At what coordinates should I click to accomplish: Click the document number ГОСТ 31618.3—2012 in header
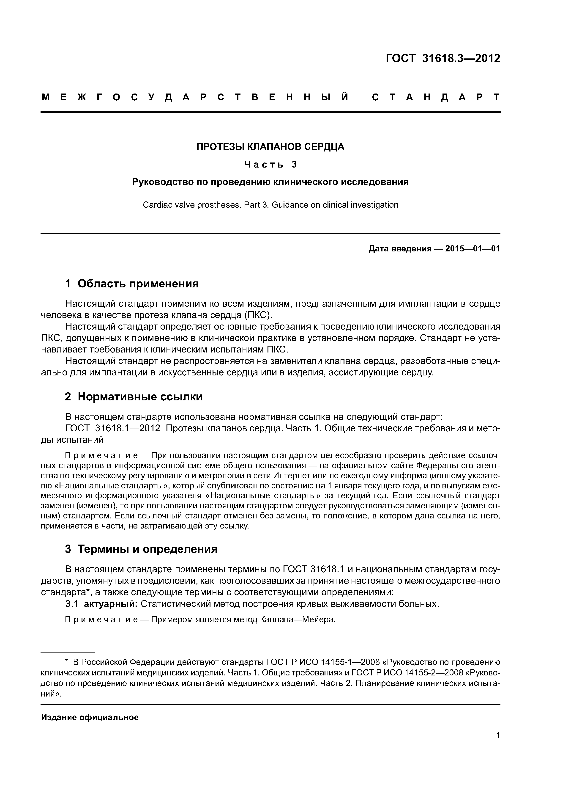[x=443, y=58]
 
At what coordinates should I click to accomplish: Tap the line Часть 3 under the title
[x=270, y=164]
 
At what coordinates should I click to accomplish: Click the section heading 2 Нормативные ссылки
[x=134, y=397]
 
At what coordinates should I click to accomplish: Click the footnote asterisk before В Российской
[x=66, y=662]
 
